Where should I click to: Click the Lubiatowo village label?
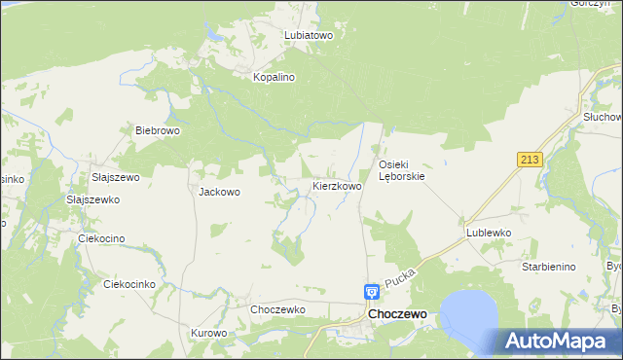pos(309,34)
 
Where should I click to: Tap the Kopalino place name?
pos(274,76)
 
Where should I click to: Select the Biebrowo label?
pos(158,130)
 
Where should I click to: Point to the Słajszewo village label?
pos(115,177)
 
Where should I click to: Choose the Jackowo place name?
pos(219,192)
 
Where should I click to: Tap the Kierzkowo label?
pos(337,185)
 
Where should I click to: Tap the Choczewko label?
pos(278,309)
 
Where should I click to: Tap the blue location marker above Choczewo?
pos(372,291)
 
